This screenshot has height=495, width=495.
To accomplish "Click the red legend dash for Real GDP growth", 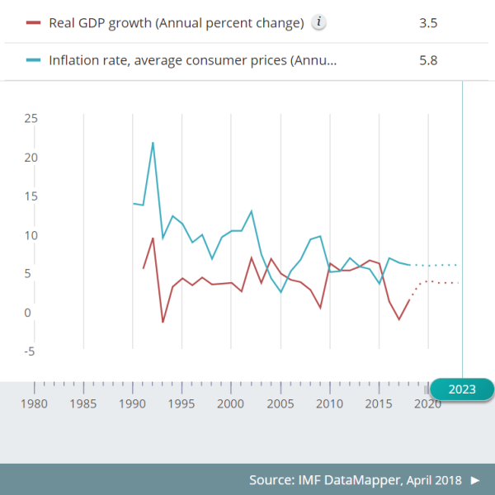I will [x=33, y=22].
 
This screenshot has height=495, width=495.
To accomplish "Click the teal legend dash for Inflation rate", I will [x=33, y=60].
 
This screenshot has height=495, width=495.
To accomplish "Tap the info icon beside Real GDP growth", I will [x=319, y=22].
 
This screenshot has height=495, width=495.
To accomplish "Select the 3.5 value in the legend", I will [x=428, y=22].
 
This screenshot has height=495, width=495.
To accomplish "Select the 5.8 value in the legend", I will [x=428, y=60].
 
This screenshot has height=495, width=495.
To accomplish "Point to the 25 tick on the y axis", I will [x=31, y=118].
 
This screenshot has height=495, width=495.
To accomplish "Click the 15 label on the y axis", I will [x=31, y=196].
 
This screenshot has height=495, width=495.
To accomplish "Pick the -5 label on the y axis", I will [x=31, y=351].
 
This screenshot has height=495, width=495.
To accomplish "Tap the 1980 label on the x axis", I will [x=35, y=404].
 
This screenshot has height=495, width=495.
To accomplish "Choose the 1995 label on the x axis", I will [x=181, y=404].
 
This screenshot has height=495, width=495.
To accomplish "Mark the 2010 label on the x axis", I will [x=329, y=404].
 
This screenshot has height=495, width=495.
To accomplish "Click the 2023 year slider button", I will [x=462, y=389].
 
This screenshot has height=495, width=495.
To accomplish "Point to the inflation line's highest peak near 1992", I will [x=153, y=143].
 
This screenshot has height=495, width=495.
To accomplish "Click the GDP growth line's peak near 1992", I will [x=153, y=238].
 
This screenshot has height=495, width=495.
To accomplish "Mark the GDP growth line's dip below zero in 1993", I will [x=163, y=322].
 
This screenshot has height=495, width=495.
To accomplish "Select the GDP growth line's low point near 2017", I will [x=399, y=319].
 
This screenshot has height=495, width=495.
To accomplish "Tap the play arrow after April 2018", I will [x=475, y=479].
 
